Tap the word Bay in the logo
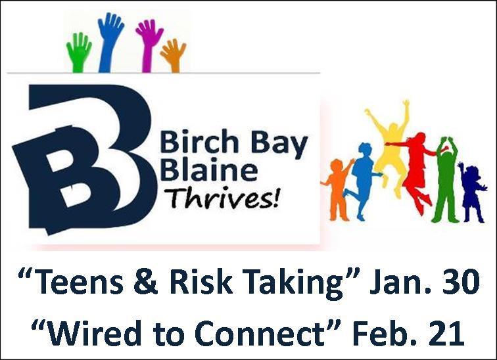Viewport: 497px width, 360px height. [279, 144]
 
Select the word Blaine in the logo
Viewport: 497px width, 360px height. [209, 169]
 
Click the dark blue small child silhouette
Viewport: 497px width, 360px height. [472, 192]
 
